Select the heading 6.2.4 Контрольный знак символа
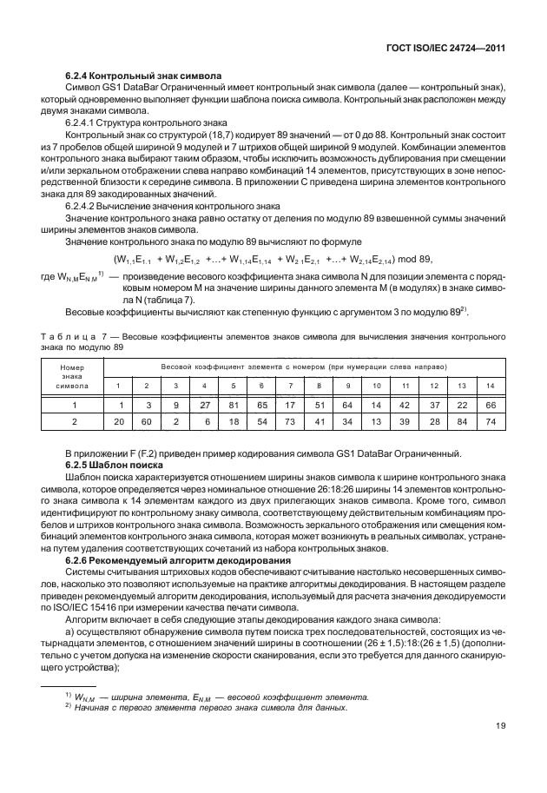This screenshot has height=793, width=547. click(x=143, y=77)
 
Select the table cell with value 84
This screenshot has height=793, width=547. click(x=462, y=421)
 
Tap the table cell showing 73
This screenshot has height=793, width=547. click(x=290, y=421)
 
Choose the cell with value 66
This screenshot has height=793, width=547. click(x=491, y=405)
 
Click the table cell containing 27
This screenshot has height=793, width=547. click(x=205, y=405)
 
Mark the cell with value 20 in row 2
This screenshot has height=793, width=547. click(x=119, y=421)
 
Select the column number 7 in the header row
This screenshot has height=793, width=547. click(x=290, y=385)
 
